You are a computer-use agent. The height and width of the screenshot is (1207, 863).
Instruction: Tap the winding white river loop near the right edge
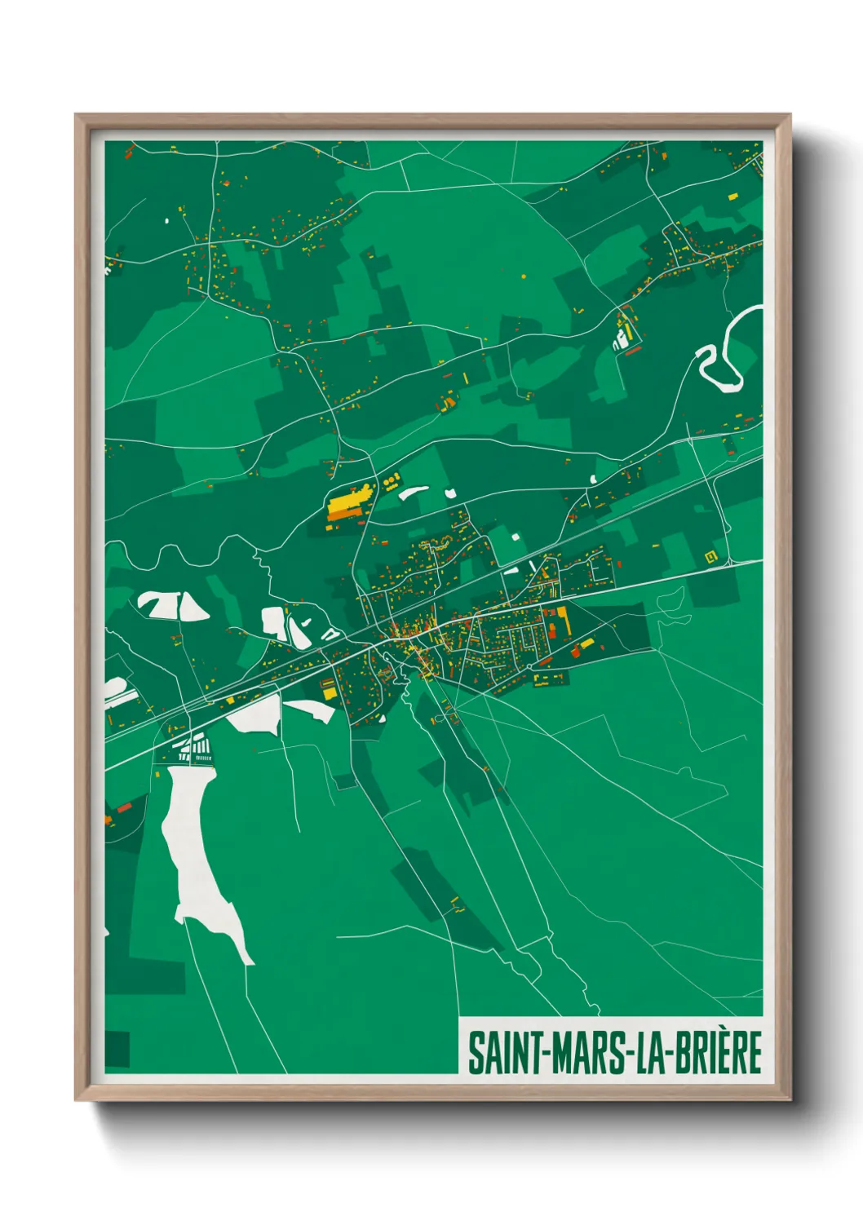[x=722, y=359]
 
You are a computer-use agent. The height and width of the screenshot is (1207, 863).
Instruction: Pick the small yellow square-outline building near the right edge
[x=710, y=556]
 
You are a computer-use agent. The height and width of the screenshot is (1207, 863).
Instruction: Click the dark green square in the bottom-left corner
[x=117, y=1049]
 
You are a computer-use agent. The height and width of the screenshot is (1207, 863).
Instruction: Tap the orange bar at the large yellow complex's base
[x=343, y=515]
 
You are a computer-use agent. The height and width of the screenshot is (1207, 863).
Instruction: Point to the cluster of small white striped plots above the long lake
[x=196, y=748]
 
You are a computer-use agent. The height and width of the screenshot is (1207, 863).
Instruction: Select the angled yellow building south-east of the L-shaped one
[x=582, y=648]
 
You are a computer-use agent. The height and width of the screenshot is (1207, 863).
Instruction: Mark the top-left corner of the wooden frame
[x=76, y=115]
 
